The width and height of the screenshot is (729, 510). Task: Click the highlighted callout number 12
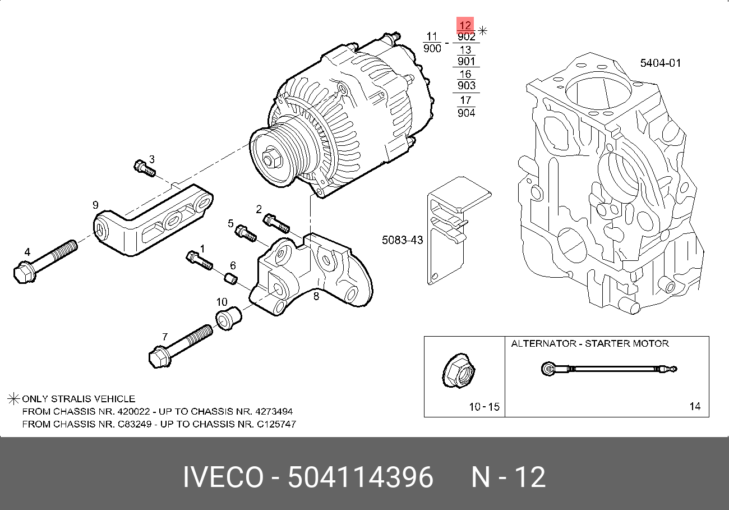pos(465,25)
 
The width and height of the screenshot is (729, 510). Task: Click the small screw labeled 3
pos(144,168)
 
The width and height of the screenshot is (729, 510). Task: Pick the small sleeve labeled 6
pos(230,278)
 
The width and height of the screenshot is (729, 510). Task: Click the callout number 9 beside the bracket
pos(95,205)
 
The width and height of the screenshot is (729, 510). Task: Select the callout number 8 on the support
pos(316,296)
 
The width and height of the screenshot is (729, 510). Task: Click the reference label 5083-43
pos(402,240)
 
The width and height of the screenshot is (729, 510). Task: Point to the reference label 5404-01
pos(661,63)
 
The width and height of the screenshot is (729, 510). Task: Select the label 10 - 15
pos(484,407)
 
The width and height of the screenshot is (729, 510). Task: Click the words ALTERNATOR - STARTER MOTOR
pos(590,343)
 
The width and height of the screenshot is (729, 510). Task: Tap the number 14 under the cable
pos(695,406)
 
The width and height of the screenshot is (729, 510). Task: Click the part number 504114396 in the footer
pos(361,477)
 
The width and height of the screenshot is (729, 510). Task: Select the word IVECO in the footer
pos(223,477)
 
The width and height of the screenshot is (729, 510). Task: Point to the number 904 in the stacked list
pos(467,113)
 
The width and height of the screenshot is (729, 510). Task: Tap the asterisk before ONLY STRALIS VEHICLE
pos(13,399)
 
